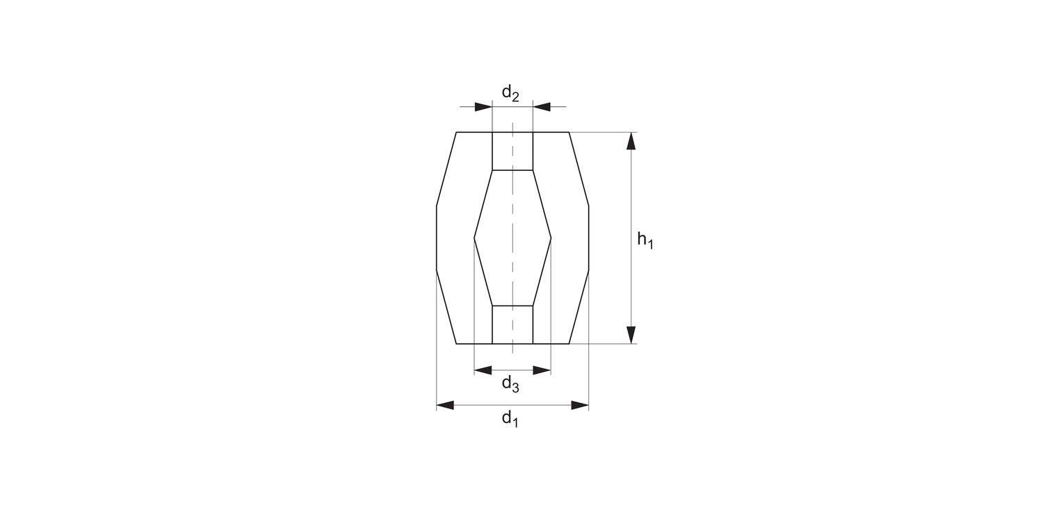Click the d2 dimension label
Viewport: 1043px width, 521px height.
point(510,93)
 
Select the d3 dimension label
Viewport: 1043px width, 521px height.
point(510,383)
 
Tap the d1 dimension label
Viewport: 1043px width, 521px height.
point(510,418)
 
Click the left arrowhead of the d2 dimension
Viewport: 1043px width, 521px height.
point(483,107)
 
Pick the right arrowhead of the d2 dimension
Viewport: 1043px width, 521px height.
point(542,107)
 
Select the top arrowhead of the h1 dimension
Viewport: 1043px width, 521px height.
point(631,141)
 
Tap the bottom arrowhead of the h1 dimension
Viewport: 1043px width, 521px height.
point(631,335)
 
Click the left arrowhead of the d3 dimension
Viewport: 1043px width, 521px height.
point(483,370)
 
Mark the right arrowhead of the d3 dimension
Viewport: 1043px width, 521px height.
point(542,370)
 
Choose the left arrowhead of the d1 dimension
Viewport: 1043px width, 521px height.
point(445,405)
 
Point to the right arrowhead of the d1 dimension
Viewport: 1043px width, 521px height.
point(580,405)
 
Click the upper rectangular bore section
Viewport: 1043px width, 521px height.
point(512,151)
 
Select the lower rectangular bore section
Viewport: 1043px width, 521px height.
point(512,324)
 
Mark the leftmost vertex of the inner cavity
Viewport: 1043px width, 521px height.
point(474,238)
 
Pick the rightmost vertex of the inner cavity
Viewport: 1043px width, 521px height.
point(551,238)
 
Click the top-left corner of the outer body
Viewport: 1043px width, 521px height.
point(456,132)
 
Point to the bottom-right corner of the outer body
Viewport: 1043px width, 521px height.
point(569,344)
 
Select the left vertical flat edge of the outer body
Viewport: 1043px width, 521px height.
point(437,238)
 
